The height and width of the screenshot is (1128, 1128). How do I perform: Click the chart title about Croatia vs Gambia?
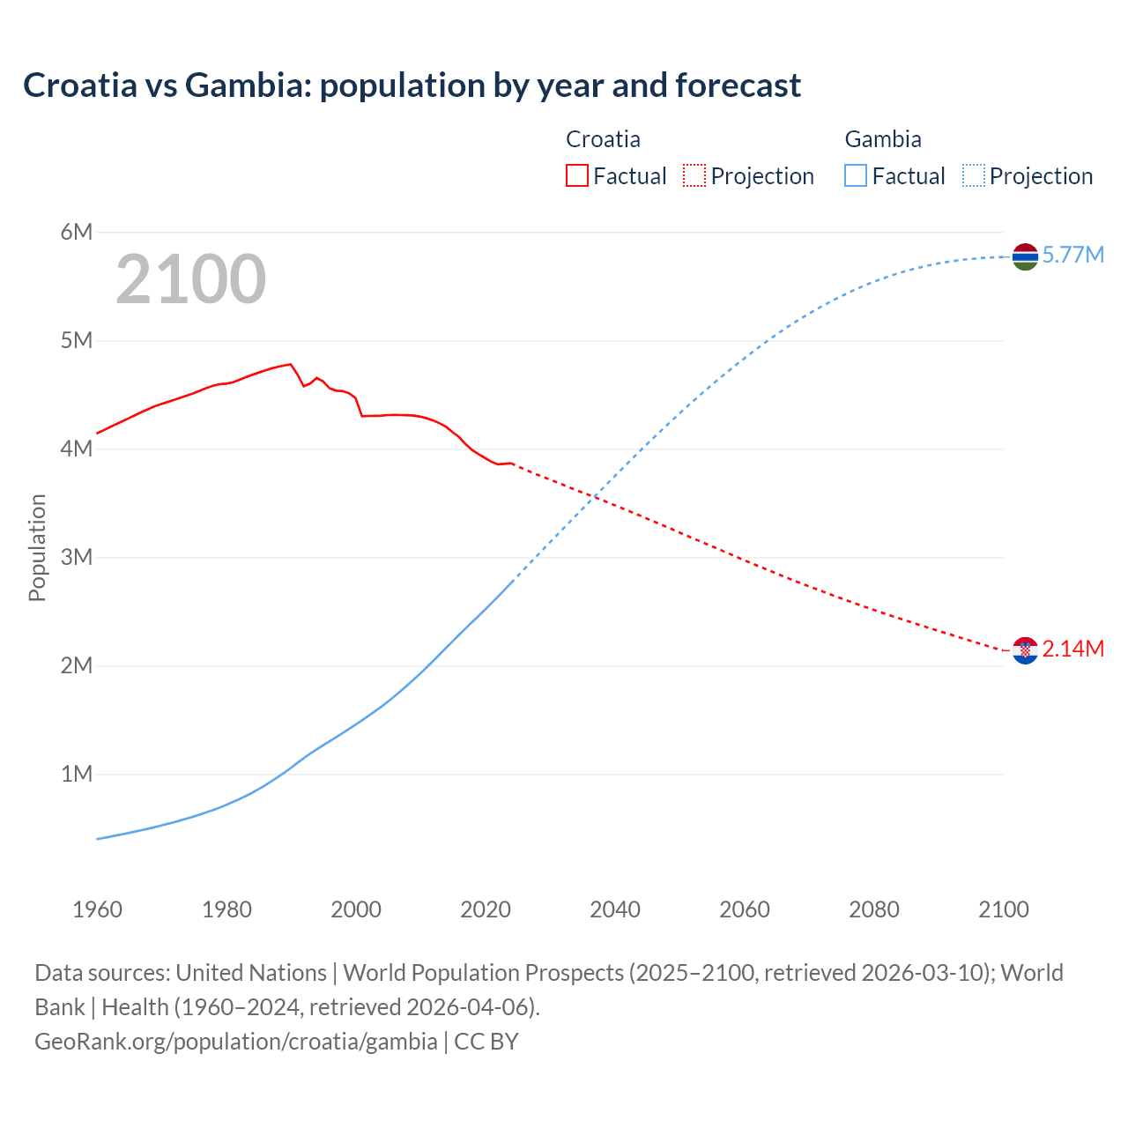[x=412, y=85]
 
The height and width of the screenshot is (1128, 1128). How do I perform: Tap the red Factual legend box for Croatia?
[x=576, y=175]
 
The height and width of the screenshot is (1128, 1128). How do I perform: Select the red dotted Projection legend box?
[x=694, y=175]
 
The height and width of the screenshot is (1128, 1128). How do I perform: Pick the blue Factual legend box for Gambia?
[x=856, y=175]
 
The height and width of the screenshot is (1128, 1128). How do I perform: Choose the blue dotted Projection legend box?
[x=974, y=175]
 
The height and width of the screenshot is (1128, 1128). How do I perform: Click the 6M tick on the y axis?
[x=77, y=232]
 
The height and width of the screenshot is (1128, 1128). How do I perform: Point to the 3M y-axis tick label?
[x=77, y=557]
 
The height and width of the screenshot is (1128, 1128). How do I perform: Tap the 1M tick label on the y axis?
[x=77, y=774]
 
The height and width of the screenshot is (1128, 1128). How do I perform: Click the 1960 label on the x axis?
[x=97, y=909]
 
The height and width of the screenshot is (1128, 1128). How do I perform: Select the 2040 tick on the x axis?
[x=615, y=909]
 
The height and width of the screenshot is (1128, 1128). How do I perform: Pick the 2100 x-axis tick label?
[x=1003, y=909]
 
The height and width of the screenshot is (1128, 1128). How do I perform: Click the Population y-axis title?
[x=37, y=547]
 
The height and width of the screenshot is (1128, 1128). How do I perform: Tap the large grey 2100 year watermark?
[x=190, y=279]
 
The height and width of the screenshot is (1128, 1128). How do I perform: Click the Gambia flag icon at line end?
[x=1025, y=256]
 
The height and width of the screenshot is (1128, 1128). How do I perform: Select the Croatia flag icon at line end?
[x=1025, y=650]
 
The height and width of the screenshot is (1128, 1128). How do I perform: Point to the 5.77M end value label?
[x=1072, y=256]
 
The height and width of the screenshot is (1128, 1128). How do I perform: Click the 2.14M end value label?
[x=1072, y=649]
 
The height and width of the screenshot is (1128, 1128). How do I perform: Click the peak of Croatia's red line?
[x=291, y=364]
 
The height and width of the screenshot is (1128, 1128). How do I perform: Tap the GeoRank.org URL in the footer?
[x=235, y=1042]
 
